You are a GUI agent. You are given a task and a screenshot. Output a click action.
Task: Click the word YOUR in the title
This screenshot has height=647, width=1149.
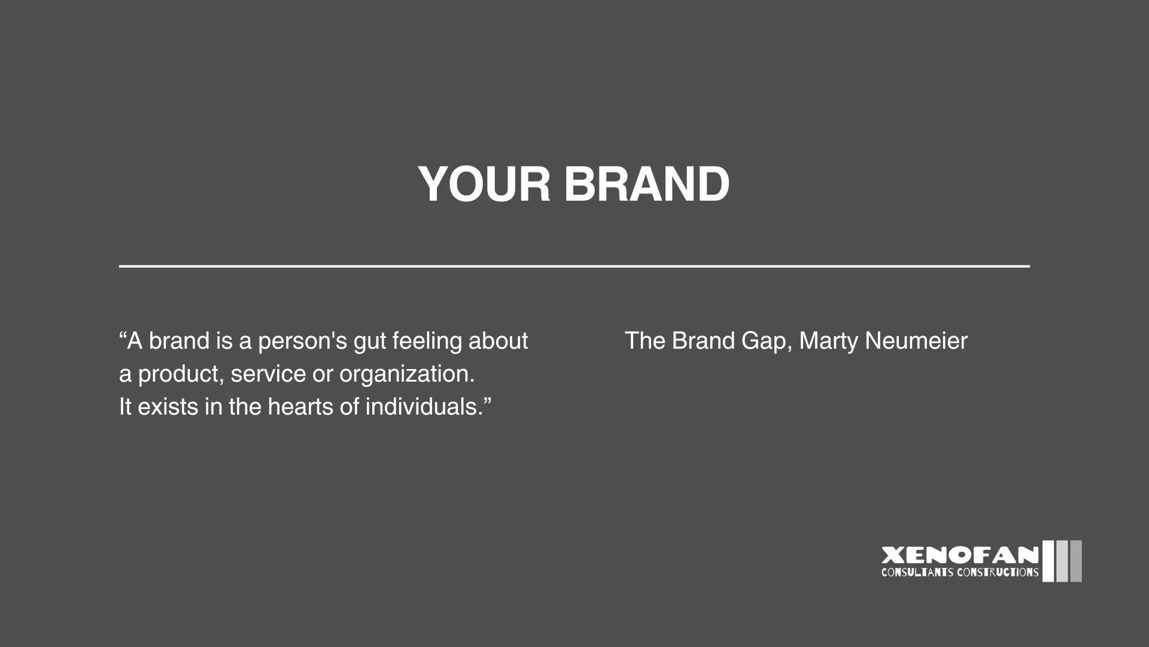click(484, 184)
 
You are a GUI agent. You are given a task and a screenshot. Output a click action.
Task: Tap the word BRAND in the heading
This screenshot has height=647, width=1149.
click(646, 184)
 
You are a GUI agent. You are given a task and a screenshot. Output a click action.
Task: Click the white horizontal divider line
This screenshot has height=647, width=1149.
click(574, 265)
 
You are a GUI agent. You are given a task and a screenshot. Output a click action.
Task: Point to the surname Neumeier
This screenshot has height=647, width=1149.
click(916, 341)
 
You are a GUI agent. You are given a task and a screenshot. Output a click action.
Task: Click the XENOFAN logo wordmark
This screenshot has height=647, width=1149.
click(960, 555)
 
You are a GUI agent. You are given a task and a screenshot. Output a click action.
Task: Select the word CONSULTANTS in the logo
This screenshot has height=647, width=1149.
click(917, 573)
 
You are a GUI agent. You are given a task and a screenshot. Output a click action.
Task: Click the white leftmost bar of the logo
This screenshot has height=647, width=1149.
click(1048, 561)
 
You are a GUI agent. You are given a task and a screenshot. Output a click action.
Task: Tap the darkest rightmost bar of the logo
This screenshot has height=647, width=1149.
click(1076, 561)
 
